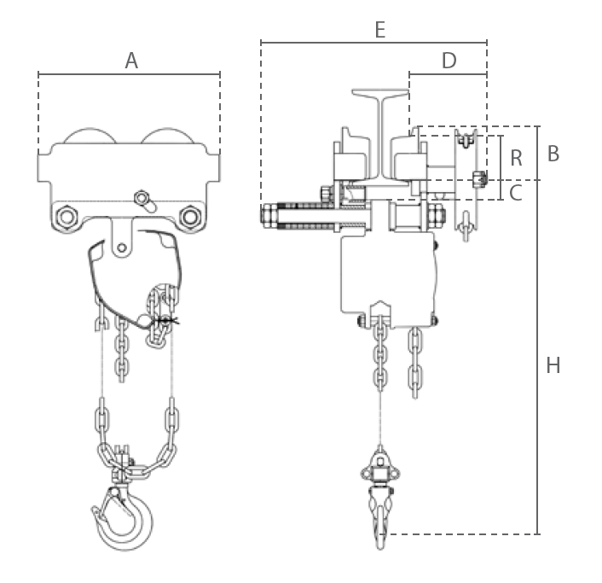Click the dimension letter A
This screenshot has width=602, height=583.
pos(131,61)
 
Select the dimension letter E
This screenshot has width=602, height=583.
pos(379,30)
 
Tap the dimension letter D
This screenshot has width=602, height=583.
pos(449,61)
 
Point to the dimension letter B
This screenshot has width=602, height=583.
pos(553,154)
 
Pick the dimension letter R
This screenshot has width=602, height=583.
pos(517,158)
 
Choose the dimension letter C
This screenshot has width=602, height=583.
pos(516,193)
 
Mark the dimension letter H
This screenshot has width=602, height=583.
pos(553,365)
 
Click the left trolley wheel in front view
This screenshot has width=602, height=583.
pos(90,135)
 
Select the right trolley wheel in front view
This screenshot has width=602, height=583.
pos(168,135)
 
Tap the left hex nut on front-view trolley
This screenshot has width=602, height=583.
pos(67,217)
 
